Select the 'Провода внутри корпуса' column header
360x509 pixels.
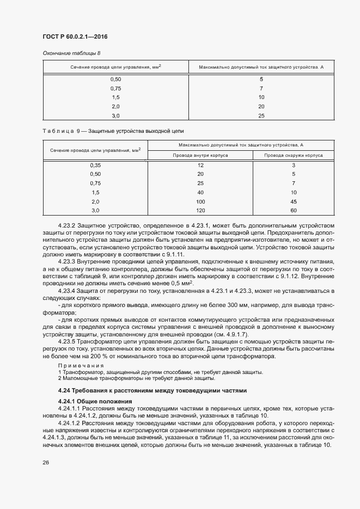click(x=200, y=155)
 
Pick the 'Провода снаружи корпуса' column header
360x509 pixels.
click(x=294, y=155)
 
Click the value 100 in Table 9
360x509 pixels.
click(x=200, y=201)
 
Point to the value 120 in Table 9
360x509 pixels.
click(x=200, y=210)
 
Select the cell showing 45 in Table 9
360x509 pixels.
click(x=294, y=201)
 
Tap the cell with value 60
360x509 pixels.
click(x=294, y=210)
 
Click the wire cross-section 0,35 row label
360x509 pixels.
click(x=95, y=165)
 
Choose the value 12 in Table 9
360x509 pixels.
click(x=200, y=165)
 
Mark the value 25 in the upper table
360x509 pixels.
click(x=261, y=115)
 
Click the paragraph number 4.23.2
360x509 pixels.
click(x=67, y=225)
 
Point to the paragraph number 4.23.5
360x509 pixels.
click(x=67, y=341)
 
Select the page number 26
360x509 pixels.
click(x=46, y=462)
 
